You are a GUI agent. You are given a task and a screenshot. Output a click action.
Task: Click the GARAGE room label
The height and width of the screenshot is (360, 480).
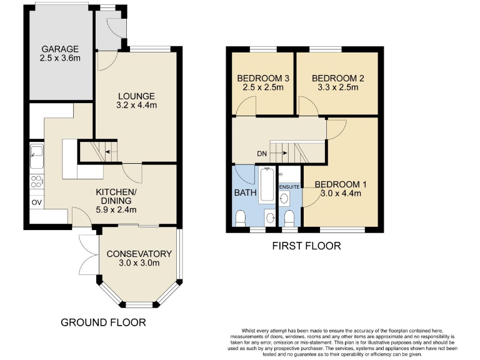pos(60,49)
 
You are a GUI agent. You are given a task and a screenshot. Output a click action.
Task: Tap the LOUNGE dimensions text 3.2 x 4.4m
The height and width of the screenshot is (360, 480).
pos(136,106)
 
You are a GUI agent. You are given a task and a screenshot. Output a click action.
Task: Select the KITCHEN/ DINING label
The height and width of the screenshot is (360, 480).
pos(116,196)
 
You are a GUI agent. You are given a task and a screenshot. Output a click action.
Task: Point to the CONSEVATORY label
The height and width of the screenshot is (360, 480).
pos(139,254)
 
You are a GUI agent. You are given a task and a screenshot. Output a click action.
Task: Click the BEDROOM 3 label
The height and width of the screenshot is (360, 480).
pos(262,78)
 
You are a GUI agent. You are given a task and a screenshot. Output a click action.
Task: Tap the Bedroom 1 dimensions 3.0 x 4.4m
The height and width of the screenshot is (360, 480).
pos(337,193)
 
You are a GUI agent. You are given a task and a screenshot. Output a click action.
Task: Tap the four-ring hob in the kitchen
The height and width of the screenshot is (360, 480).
pos(36,182)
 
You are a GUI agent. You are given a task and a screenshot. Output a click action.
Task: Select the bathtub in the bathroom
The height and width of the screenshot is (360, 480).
pos(267,186)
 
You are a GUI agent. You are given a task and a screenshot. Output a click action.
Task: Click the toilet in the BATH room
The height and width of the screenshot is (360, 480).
pos(241,218)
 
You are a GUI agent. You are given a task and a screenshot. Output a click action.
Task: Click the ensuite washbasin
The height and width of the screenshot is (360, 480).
pos(286,199)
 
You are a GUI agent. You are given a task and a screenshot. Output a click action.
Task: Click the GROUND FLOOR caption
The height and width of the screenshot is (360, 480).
pos(103,322)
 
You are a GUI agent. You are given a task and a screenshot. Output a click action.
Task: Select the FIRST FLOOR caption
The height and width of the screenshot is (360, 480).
pos(306,246)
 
